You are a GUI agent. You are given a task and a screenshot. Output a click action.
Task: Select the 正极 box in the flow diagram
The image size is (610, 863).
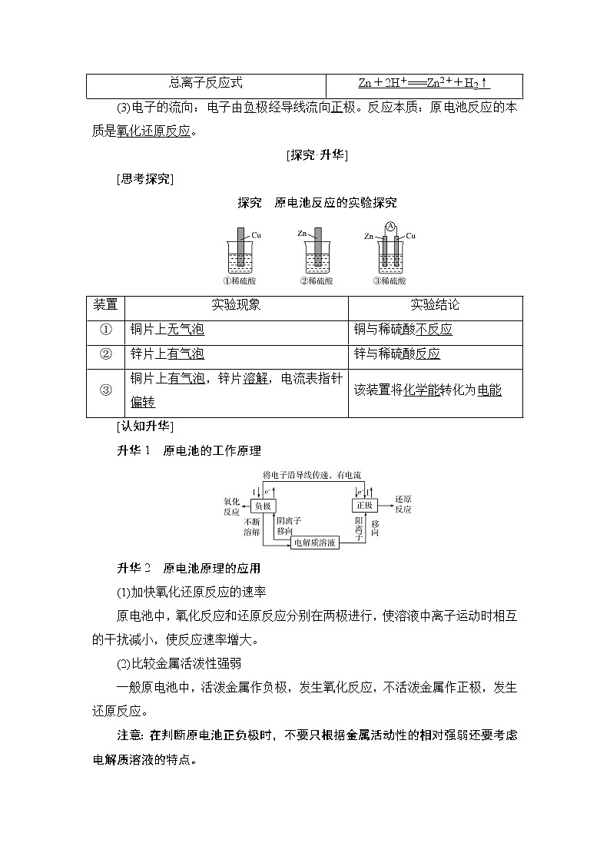pos(363,505)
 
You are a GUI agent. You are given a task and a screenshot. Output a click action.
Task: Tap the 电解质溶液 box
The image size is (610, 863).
pos(314,543)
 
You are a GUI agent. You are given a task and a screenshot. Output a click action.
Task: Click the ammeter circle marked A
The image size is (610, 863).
pos(390,226)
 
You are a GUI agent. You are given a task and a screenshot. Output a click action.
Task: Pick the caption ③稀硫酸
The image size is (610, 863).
pos(390,281)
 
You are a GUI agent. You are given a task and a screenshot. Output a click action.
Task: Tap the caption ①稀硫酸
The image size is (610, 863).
pos(240,281)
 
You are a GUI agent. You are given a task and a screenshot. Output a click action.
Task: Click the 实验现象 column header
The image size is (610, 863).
pos(236,305)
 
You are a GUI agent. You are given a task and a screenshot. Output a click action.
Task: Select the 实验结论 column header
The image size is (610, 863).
pos(435,305)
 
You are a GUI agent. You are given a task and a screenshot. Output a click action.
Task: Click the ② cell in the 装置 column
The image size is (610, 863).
pos(106,353)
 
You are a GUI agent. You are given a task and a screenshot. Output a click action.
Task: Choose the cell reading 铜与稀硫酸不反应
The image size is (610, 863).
pos(403,330)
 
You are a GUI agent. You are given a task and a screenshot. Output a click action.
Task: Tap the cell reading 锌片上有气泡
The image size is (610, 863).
pos(167,353)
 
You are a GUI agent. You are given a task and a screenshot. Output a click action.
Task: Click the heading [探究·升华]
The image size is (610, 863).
pos(317,155)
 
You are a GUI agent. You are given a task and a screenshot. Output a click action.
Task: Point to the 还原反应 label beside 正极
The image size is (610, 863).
pos(403,504)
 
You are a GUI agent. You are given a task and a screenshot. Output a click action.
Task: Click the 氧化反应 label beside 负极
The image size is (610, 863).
pos(232,504)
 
